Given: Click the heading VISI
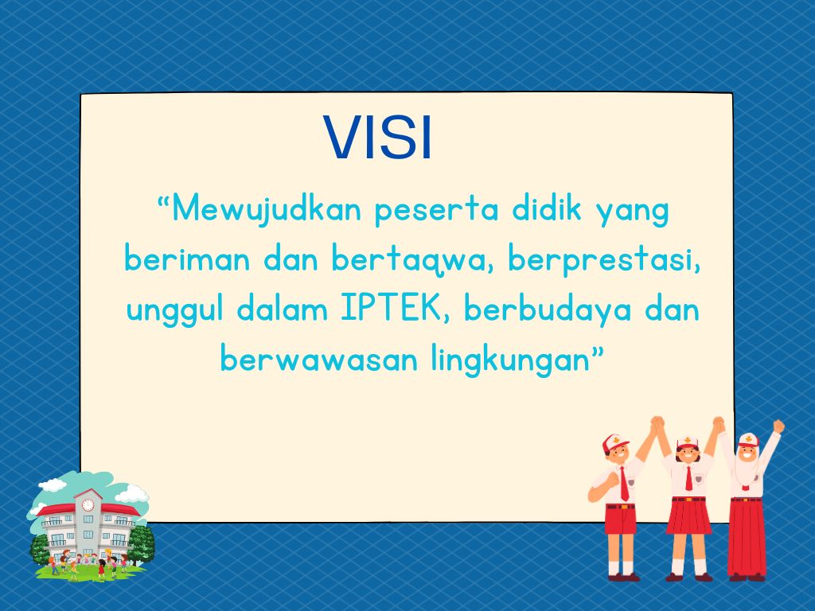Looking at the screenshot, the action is coord(377,137).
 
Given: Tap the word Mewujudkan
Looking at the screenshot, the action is coord(266,210).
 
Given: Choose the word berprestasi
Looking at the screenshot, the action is coord(604,260).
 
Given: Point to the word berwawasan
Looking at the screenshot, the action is coord(318,360).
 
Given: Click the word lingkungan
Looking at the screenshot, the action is coord(512,360).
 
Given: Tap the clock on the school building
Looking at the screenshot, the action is coord(88,504).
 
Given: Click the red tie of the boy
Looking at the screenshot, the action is coord(624,484).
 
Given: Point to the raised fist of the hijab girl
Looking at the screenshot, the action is coord(778,426).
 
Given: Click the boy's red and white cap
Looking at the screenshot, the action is coord(615,443).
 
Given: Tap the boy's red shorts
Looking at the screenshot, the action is coord(621,519).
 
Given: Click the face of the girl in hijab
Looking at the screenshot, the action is coord(748,453).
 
